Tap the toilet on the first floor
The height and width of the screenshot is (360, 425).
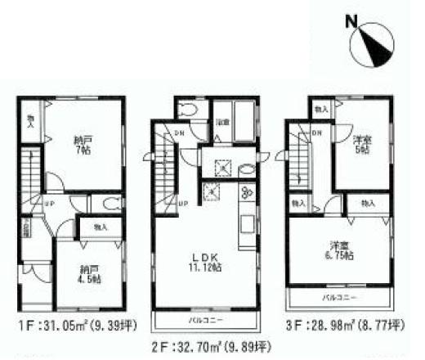112,204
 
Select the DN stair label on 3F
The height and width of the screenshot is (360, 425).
316,133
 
